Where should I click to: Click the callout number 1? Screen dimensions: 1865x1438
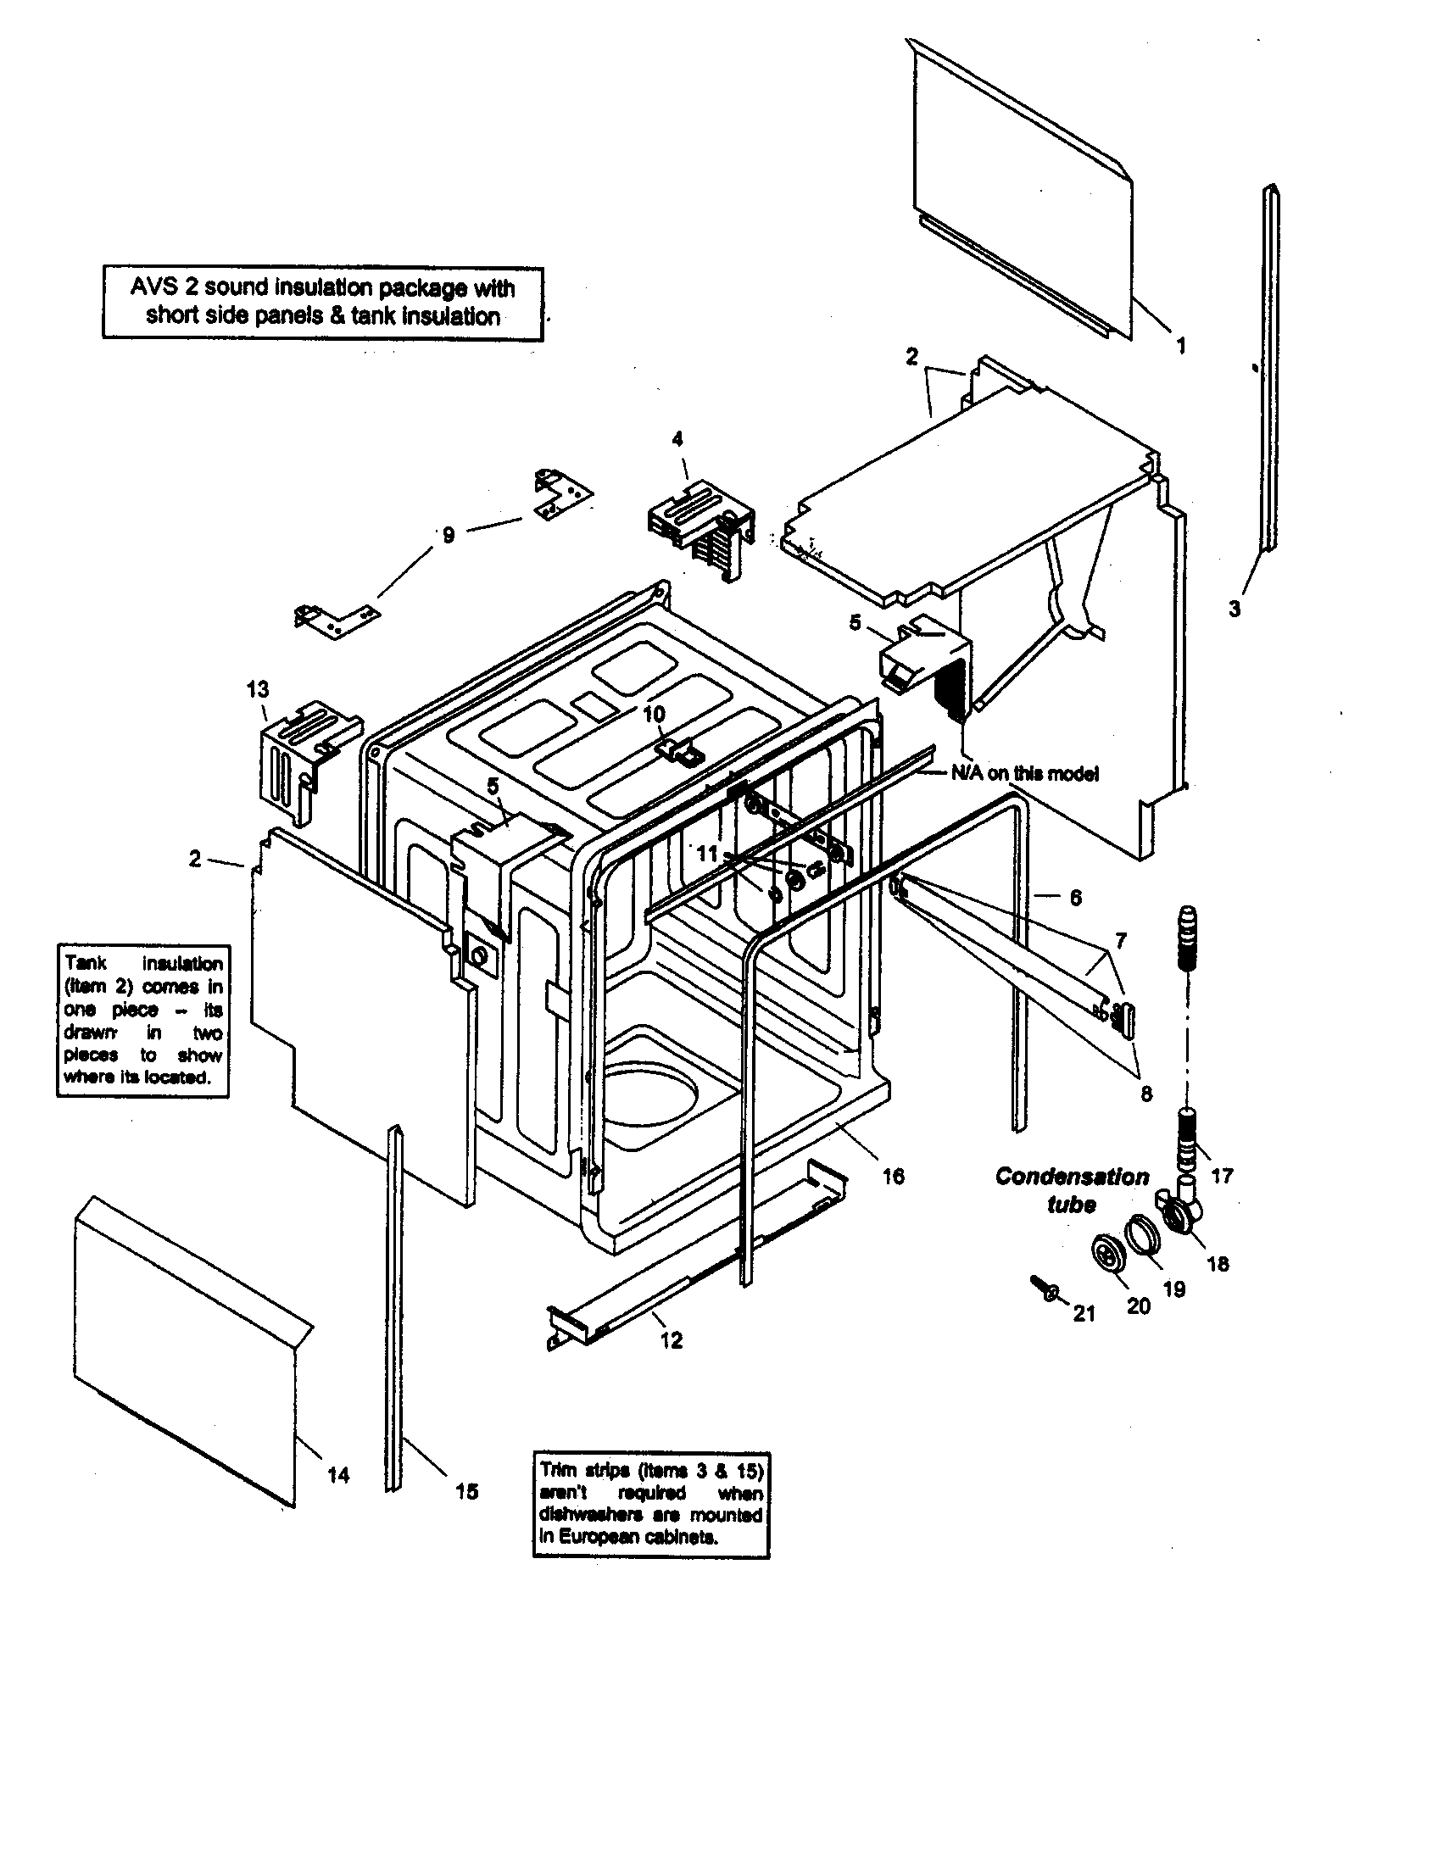pyautogui.click(x=1181, y=346)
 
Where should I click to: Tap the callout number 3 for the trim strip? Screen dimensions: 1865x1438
pyautogui.click(x=1234, y=609)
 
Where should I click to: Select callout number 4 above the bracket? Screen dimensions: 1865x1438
pyautogui.click(x=677, y=438)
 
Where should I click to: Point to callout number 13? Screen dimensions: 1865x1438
pyautogui.click(x=258, y=688)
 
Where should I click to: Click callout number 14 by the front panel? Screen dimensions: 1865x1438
pyautogui.click(x=338, y=1475)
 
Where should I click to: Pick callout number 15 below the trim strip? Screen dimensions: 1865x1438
pyautogui.click(x=466, y=1491)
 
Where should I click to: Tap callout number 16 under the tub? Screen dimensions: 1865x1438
pyautogui.click(x=893, y=1176)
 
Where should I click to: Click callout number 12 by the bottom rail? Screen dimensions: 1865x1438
pyautogui.click(x=672, y=1339)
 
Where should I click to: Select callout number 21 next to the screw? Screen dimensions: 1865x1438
pyautogui.click(x=1084, y=1313)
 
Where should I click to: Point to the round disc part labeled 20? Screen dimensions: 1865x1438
pyautogui.click(x=1108, y=1258)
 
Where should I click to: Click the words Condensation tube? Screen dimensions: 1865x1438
pyautogui.click(x=1072, y=1189)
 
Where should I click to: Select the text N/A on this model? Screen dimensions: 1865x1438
pyautogui.click(x=1025, y=773)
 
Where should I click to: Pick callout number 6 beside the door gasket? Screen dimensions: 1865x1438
pyautogui.click(x=1075, y=897)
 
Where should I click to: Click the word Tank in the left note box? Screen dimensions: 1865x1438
pyautogui.click(x=86, y=964)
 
